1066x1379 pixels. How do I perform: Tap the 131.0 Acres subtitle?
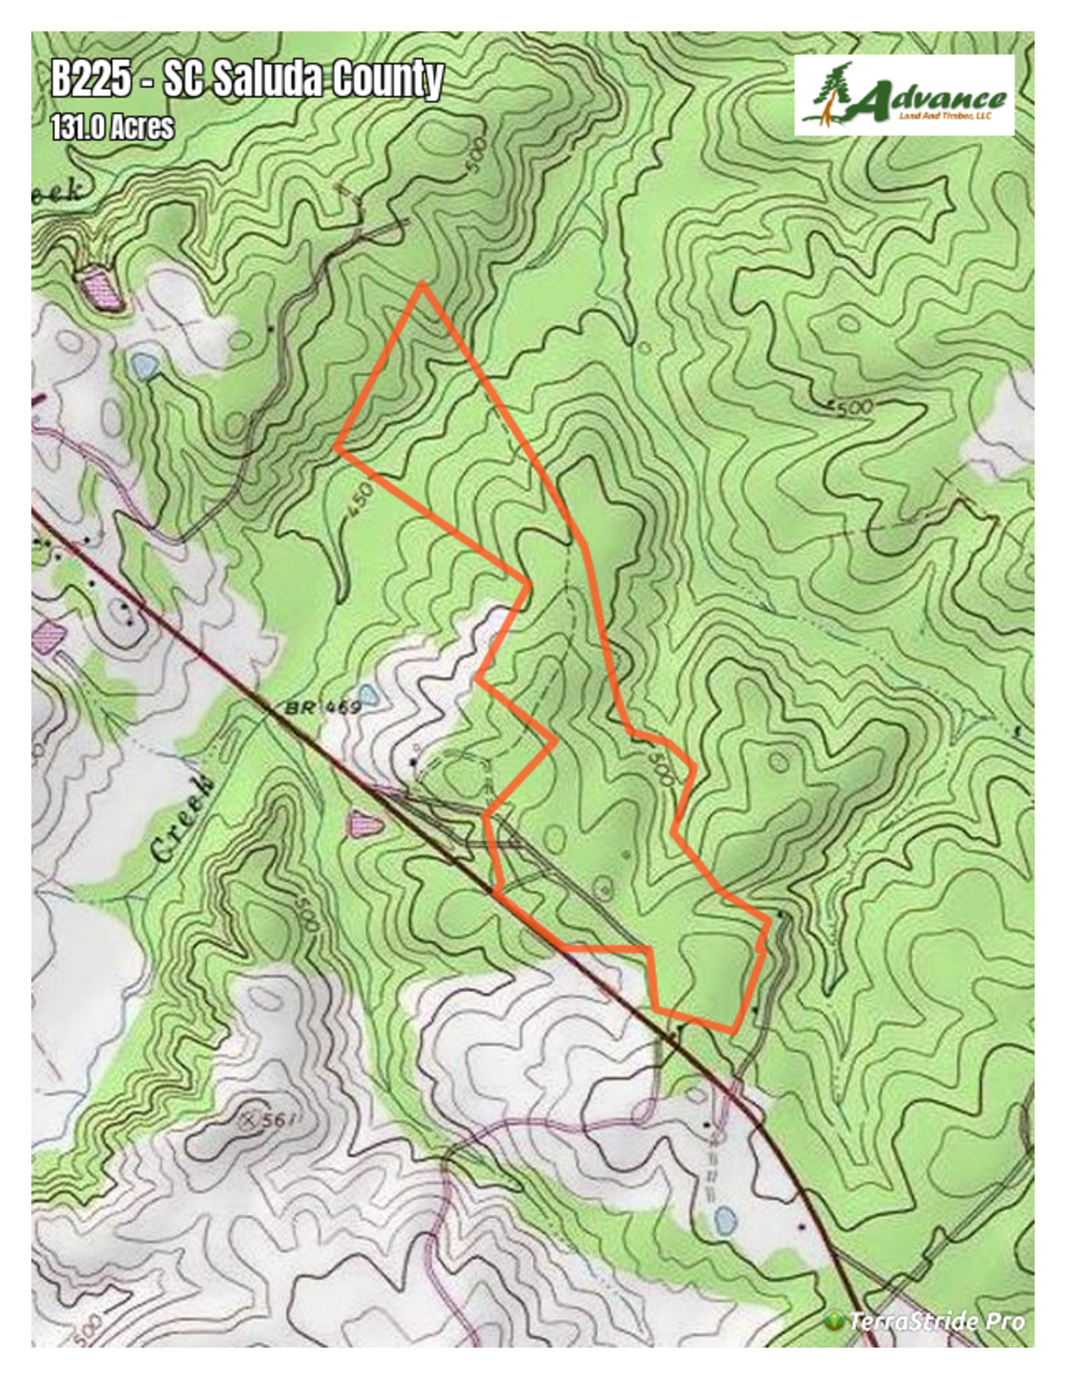coord(112,127)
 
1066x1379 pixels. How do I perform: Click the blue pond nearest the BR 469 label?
coord(369,693)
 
